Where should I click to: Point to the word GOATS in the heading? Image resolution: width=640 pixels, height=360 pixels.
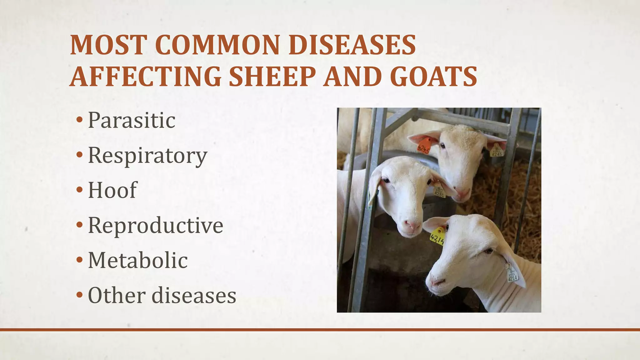click(433, 77)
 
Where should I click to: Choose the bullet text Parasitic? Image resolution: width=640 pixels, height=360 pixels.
click(132, 120)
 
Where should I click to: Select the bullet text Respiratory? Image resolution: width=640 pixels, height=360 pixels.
click(147, 155)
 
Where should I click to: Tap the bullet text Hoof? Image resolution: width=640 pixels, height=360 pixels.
click(112, 190)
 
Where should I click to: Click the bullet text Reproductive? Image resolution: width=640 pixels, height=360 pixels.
click(156, 225)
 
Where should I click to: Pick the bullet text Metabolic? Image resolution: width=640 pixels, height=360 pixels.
click(138, 260)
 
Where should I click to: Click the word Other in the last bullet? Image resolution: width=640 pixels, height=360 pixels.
click(117, 295)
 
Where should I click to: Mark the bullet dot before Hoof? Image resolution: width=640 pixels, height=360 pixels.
click(80, 190)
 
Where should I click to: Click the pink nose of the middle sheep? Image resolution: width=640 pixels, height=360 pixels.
click(411, 225)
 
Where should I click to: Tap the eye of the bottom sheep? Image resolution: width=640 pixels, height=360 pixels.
click(488, 251)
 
